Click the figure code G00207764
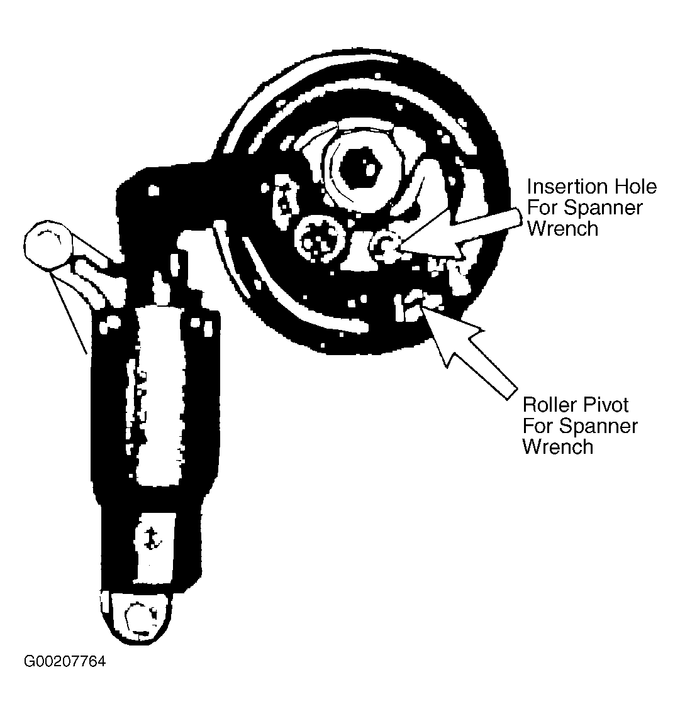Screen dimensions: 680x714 point(65,662)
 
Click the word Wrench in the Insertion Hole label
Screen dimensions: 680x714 point(562,228)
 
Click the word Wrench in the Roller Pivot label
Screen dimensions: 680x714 point(558,447)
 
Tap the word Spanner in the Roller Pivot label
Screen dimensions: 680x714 point(598,426)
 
